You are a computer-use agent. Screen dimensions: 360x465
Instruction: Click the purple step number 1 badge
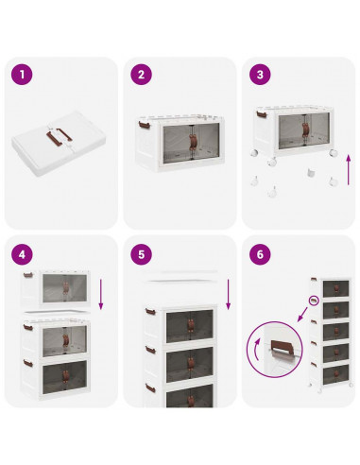[x=22, y=75]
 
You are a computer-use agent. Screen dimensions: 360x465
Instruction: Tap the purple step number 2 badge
[x=141, y=75]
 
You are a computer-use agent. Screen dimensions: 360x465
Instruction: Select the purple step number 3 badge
[x=260, y=75]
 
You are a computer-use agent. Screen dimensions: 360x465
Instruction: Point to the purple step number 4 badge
[x=22, y=254]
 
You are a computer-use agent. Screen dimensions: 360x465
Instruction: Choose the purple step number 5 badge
[x=141, y=254]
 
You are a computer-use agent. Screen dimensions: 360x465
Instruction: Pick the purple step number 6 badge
[x=260, y=254]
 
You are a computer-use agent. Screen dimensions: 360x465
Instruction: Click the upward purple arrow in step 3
[x=349, y=170]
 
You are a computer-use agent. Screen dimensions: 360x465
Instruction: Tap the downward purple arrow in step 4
[x=101, y=294]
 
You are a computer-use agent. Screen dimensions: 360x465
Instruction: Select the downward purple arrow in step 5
[x=229, y=294]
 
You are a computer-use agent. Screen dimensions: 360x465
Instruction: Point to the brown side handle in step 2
[x=144, y=125]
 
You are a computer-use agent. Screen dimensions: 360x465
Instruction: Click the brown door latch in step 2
[x=192, y=141]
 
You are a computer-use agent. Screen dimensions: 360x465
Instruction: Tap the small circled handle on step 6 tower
[x=314, y=301]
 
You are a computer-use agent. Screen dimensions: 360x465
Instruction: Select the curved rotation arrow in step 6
[x=257, y=349]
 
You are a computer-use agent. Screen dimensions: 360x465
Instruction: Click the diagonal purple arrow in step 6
[x=302, y=315]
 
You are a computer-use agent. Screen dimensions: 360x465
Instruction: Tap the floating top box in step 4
[x=56, y=289]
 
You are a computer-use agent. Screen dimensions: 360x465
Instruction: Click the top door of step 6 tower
[x=335, y=288]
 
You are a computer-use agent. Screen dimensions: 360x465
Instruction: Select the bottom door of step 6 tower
[x=335, y=375]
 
